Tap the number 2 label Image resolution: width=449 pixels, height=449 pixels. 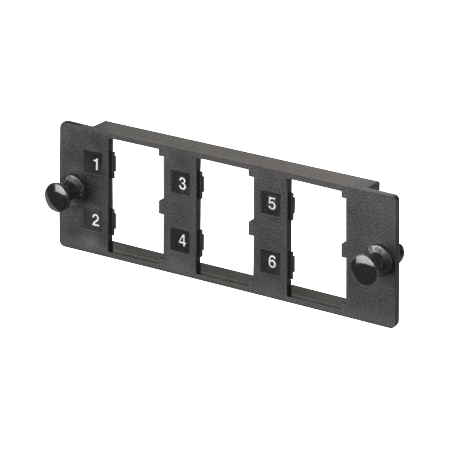pyautogui.click(x=95, y=220)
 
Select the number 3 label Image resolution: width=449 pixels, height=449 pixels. pyautogui.click(x=182, y=183)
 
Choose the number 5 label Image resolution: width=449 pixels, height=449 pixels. pyautogui.click(x=272, y=204)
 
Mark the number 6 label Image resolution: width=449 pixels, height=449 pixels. pyautogui.click(x=272, y=262)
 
